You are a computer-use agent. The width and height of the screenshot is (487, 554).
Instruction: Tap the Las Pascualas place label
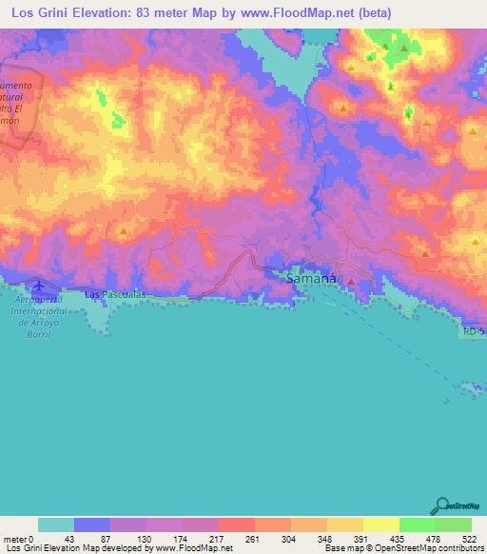coord(114,295)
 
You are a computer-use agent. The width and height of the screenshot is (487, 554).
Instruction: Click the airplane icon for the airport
coord(38,286)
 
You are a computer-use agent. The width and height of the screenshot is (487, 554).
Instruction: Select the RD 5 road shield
coord(473,331)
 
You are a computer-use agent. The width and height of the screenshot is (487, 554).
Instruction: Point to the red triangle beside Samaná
coord(351,281)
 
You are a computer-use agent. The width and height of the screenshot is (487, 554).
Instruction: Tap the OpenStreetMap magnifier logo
coord(443,505)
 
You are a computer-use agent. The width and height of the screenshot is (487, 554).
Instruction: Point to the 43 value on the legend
coord(69,539)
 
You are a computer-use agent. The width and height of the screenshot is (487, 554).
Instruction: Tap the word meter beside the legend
coord(14,539)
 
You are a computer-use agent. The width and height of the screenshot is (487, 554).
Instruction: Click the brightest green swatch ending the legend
coord(454,524)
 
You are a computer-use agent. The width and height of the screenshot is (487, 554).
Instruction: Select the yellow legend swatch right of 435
coord(381,524)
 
